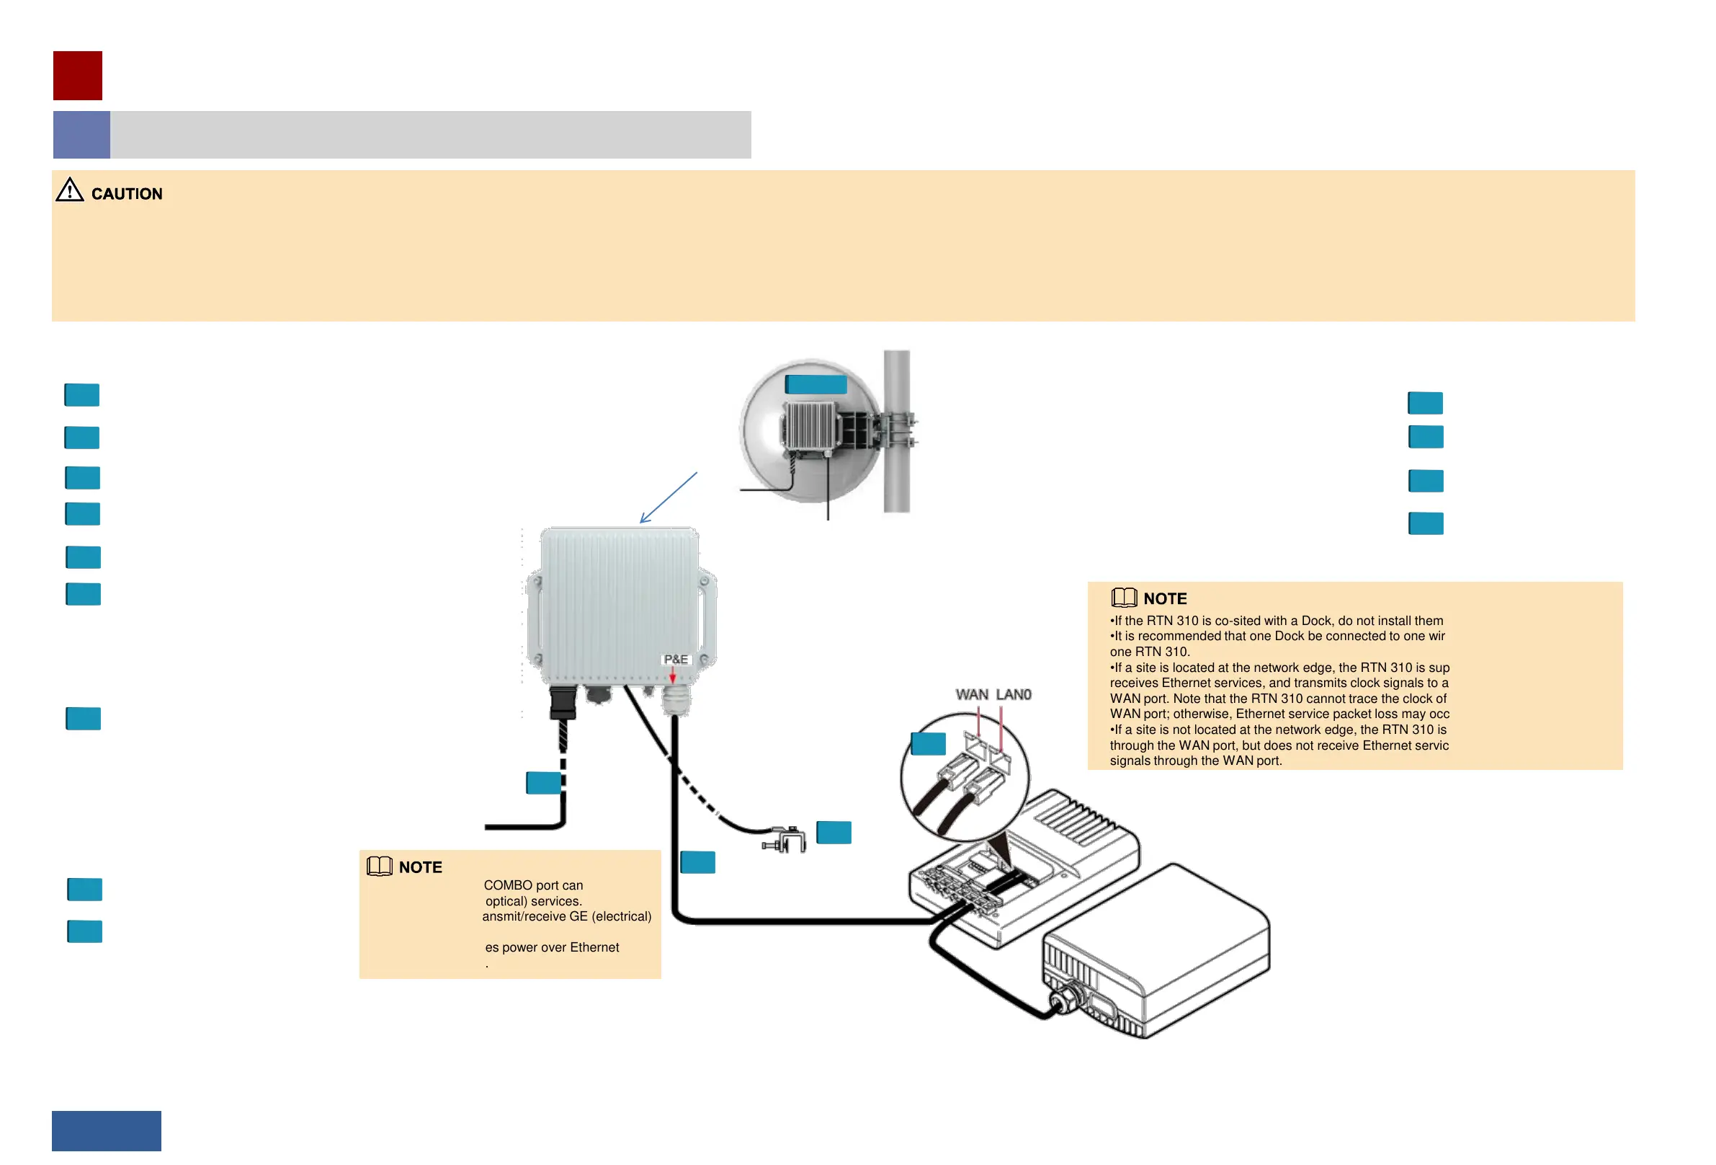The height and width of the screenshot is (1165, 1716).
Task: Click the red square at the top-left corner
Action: tap(78, 76)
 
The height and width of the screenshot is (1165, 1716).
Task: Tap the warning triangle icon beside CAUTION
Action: tap(70, 190)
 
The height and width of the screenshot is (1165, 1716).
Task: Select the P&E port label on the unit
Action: tap(676, 660)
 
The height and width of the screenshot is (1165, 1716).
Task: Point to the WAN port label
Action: tap(972, 695)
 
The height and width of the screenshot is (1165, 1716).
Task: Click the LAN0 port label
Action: tap(1014, 695)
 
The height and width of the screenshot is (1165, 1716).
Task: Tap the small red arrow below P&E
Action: tap(673, 677)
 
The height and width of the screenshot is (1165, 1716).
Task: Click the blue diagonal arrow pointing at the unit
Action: tap(668, 498)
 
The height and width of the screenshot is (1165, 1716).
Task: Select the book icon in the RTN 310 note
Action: tap(1124, 598)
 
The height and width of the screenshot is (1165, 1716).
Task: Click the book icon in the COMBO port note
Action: tap(380, 867)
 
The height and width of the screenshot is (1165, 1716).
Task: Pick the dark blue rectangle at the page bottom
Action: tap(107, 1130)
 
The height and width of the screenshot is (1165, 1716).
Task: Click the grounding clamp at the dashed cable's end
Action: tap(785, 840)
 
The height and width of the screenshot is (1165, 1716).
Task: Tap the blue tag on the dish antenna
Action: tap(816, 385)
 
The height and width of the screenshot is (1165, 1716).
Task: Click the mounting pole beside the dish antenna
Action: tap(896, 473)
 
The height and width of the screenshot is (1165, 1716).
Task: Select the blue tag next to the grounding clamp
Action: tap(834, 833)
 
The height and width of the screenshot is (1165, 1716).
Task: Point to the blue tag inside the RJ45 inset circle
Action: tap(928, 744)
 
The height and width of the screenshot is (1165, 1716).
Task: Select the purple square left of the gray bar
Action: tap(81, 136)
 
